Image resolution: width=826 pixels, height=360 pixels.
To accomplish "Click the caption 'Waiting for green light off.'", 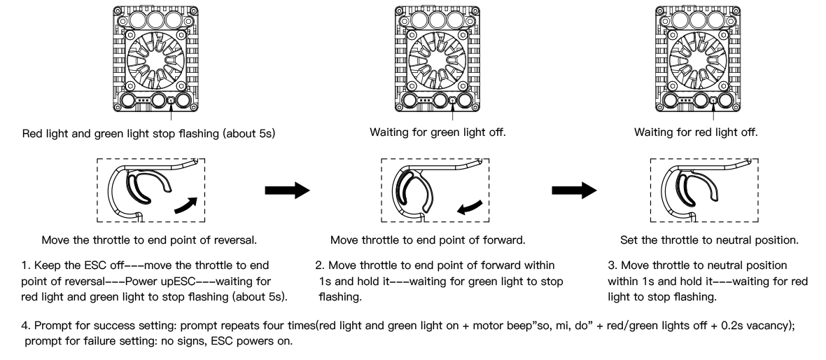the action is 437,132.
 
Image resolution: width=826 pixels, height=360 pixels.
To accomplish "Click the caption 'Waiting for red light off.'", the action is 696,132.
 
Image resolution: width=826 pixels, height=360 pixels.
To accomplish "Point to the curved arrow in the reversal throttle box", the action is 185,205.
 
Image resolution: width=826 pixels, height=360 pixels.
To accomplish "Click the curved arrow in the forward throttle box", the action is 470,208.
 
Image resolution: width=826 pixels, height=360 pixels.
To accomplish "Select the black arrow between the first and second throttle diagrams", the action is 287,191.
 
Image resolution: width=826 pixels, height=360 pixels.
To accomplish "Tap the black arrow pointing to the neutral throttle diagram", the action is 574,191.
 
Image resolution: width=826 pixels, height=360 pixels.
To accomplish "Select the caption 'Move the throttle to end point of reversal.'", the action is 149,240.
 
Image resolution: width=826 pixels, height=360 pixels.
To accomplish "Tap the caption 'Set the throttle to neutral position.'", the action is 710,240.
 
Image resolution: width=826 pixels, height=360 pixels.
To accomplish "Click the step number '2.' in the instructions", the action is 320,265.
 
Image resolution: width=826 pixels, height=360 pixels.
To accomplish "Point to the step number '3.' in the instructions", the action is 612,265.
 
